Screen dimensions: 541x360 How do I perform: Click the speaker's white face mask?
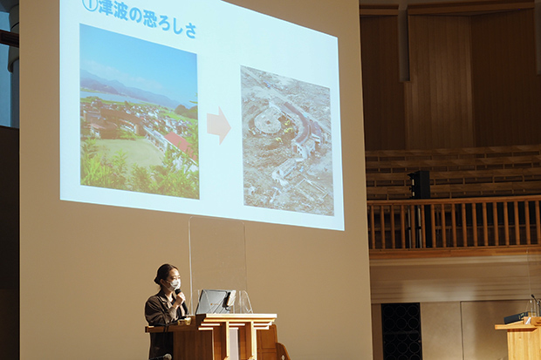pyautogui.click(x=175, y=284)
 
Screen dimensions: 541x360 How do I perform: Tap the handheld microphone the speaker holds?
pyautogui.click(x=181, y=300)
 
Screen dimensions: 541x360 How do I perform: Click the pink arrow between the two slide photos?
pyautogui.click(x=219, y=126)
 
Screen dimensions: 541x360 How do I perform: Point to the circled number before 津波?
pyautogui.click(x=90, y=5)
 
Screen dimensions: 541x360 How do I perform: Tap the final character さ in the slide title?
pyautogui.click(x=190, y=31)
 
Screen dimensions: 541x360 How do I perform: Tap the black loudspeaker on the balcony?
pyautogui.click(x=421, y=185)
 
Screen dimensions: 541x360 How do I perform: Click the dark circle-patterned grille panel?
pyautogui.click(x=401, y=331)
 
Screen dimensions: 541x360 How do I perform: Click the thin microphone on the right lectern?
pyautogui.click(x=536, y=304)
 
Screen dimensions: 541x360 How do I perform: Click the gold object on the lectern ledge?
pyautogui.click(x=186, y=321)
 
